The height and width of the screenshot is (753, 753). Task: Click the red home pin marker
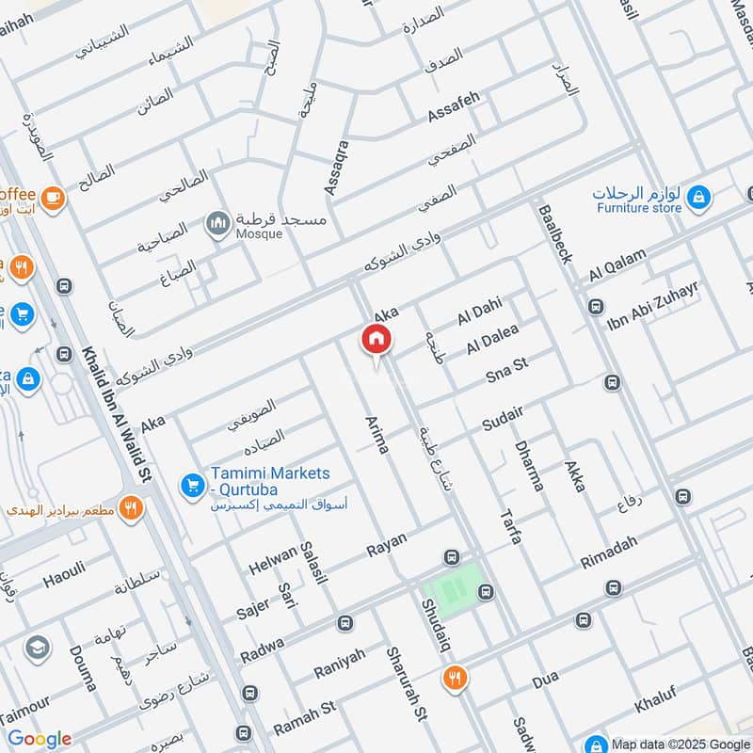click(376, 339)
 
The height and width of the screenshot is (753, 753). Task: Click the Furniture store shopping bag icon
click(698, 197)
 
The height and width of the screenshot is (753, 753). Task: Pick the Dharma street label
click(529, 466)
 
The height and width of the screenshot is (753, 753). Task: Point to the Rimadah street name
click(610, 549)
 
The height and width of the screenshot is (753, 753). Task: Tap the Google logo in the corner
click(40, 739)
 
